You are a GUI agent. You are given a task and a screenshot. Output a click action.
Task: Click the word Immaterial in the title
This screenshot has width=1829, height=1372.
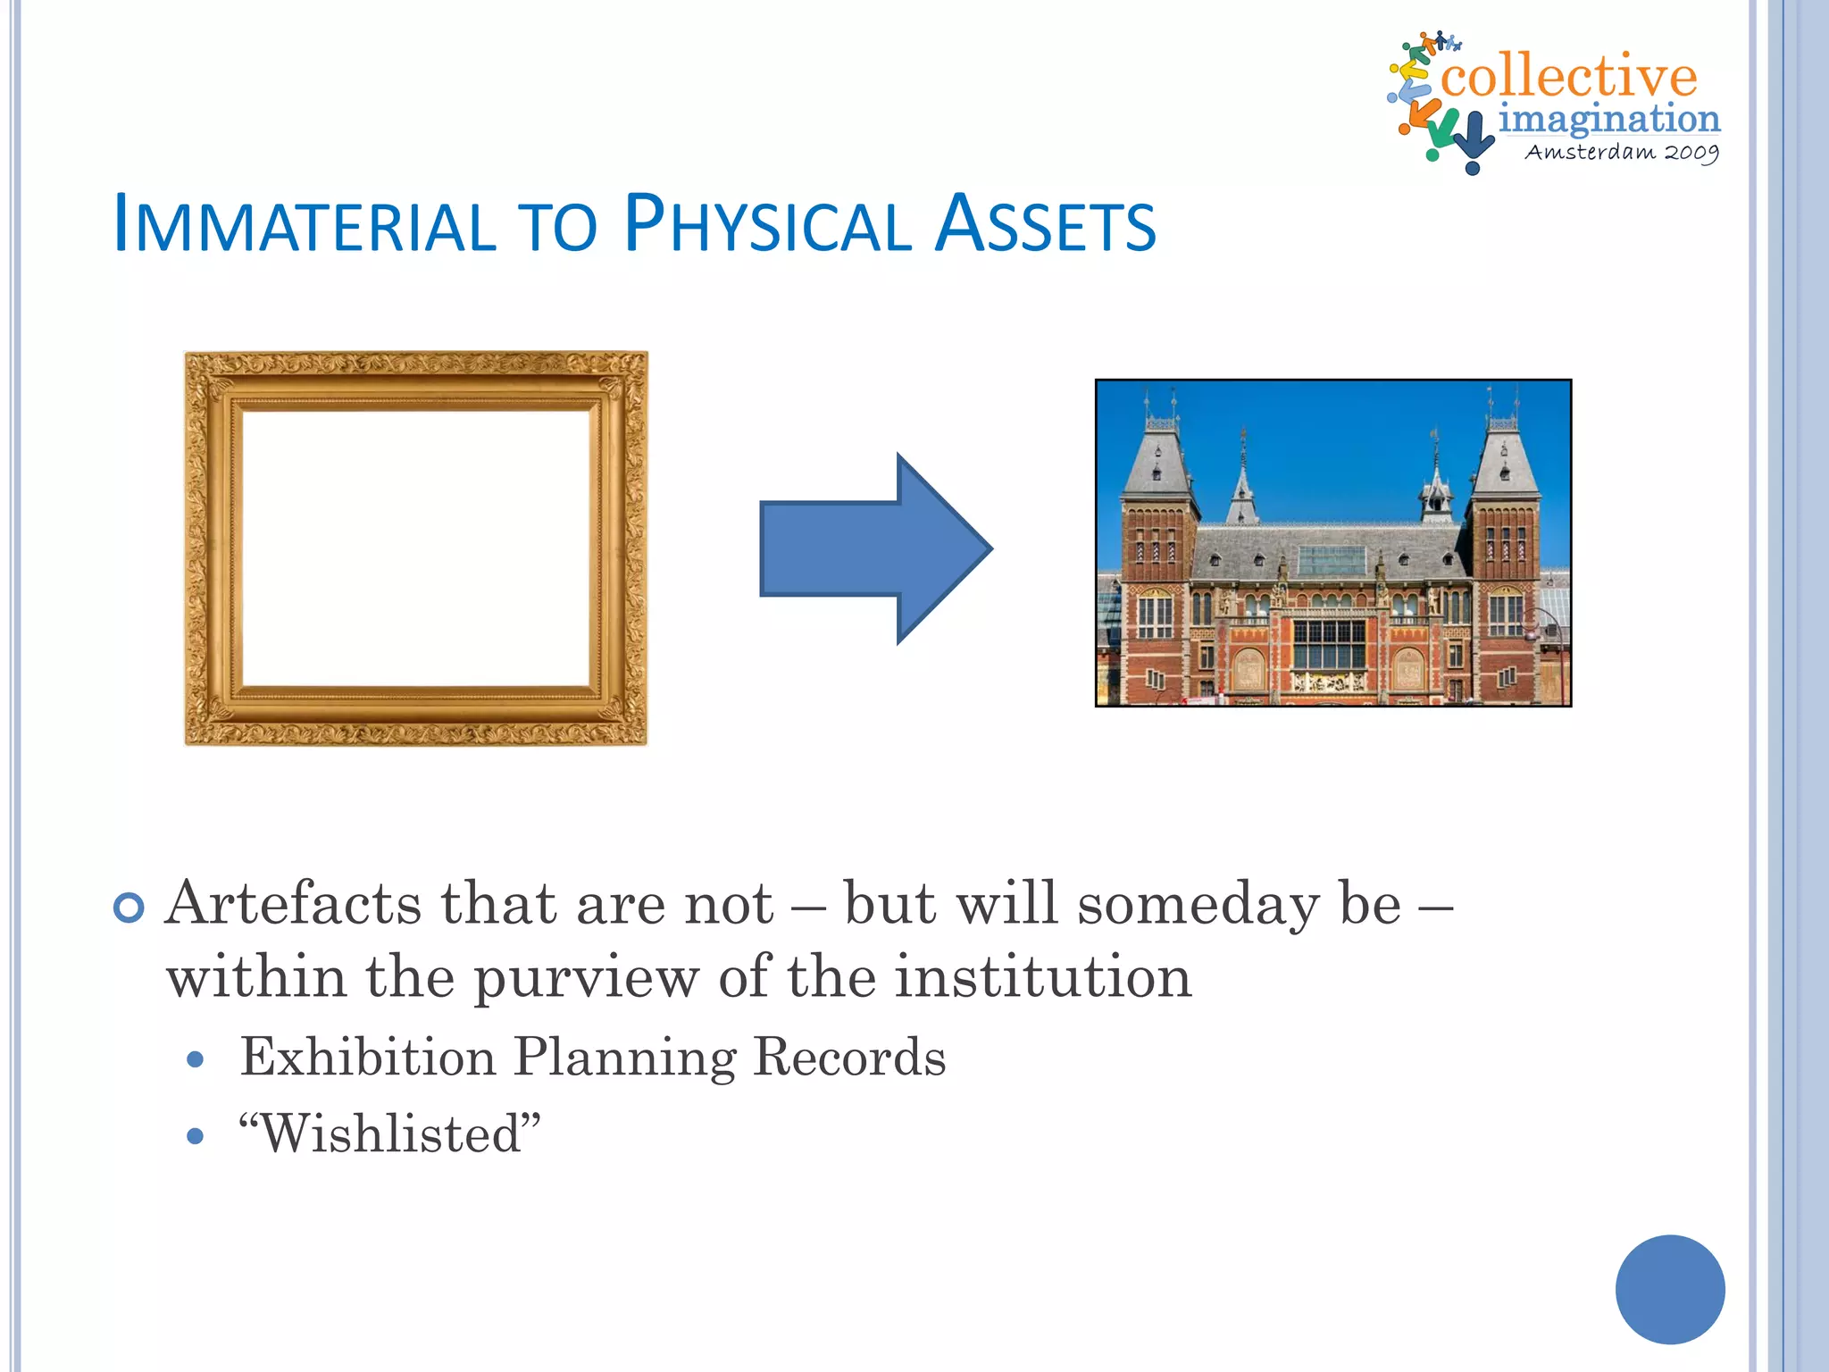tap(304, 224)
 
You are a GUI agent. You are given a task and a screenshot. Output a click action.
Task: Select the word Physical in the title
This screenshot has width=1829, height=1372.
tap(766, 224)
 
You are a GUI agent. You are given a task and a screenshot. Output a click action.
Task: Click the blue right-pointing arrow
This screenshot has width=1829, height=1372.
tap(875, 548)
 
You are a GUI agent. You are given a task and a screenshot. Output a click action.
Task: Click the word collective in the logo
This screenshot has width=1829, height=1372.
tap(1568, 76)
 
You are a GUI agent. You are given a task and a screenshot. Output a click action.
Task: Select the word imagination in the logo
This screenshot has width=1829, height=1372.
tap(1608, 119)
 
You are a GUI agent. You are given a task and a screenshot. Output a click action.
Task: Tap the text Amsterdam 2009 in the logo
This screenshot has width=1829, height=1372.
tap(1621, 152)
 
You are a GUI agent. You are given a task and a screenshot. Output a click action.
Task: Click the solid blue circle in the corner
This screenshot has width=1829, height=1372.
tap(1669, 1289)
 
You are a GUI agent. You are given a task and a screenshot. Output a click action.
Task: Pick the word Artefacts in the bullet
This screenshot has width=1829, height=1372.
tap(293, 904)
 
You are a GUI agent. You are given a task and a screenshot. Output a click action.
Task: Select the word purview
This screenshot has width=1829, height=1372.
tap(586, 978)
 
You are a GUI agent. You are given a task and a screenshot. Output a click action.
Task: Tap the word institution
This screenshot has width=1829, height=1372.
tap(1043, 976)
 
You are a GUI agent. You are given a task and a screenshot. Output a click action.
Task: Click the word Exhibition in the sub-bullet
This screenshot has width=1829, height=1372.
tap(367, 1058)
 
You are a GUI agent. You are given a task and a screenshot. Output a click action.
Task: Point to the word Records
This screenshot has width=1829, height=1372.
tap(849, 1058)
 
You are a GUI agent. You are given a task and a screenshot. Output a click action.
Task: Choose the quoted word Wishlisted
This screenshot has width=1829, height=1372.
tap(390, 1134)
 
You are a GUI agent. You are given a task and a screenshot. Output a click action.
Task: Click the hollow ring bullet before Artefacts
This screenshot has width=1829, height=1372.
tap(129, 908)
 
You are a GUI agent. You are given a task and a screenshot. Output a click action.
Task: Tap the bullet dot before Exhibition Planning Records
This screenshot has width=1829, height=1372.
tap(196, 1060)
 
